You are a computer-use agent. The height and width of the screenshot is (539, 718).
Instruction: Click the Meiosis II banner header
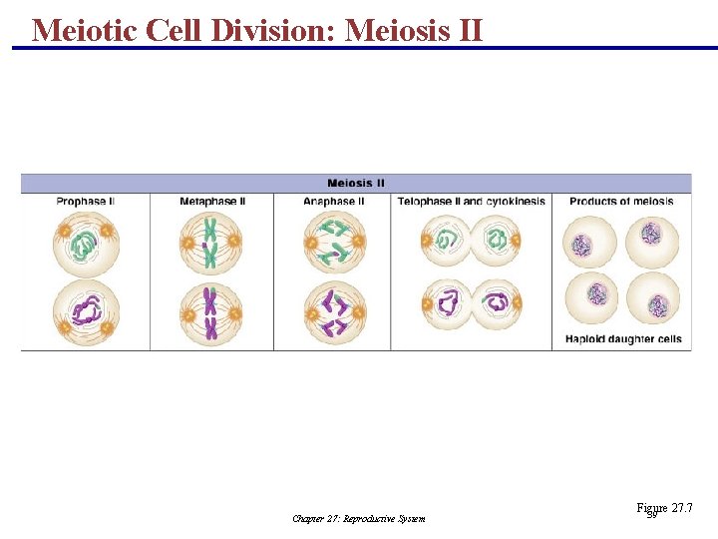356,183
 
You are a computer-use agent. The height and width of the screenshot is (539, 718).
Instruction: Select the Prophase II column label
85,202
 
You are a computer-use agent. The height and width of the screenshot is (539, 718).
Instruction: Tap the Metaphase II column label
212,202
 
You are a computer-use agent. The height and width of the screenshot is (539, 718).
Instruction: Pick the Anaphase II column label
334,202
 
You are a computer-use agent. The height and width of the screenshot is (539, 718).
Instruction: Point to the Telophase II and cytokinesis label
472,202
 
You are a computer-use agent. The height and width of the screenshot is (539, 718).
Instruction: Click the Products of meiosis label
621,202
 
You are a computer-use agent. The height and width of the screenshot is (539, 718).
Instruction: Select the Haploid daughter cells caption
623,339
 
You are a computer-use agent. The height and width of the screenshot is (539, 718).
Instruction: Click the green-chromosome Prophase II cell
86,243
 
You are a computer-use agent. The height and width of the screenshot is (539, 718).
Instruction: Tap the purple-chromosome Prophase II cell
86,312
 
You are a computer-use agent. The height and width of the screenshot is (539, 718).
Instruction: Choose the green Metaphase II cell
210,243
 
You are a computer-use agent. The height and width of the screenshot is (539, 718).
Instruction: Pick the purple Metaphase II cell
210,312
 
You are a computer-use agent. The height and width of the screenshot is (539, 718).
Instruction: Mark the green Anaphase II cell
334,243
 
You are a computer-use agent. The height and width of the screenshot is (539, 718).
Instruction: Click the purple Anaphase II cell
334,312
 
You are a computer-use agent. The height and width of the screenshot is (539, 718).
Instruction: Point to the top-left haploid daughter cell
588,242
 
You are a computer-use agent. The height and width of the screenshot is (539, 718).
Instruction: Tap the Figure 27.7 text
664,509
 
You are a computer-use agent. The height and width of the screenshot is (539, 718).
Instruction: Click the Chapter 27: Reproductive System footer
359,518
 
